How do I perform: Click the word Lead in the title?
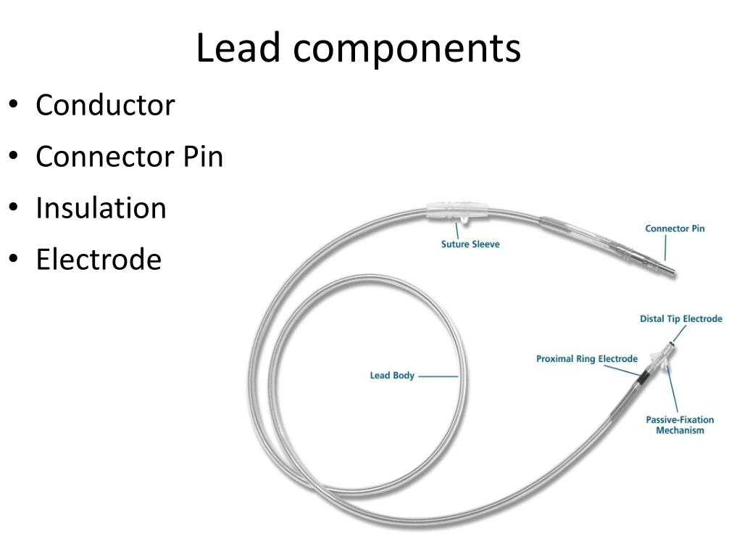[x=238, y=49]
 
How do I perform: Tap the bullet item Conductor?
[x=105, y=105]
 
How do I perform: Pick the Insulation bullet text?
[x=101, y=208]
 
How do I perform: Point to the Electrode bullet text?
[x=99, y=260]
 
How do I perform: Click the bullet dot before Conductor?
[x=14, y=106]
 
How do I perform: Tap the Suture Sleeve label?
[x=470, y=244]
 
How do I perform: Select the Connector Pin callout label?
[x=675, y=228]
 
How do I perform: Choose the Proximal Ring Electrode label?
[x=587, y=358]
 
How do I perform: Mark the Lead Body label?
[x=392, y=376]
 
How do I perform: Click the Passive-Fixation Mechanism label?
[x=680, y=425]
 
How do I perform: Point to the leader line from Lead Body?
[x=438, y=376]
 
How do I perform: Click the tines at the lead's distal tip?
[x=660, y=360]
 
